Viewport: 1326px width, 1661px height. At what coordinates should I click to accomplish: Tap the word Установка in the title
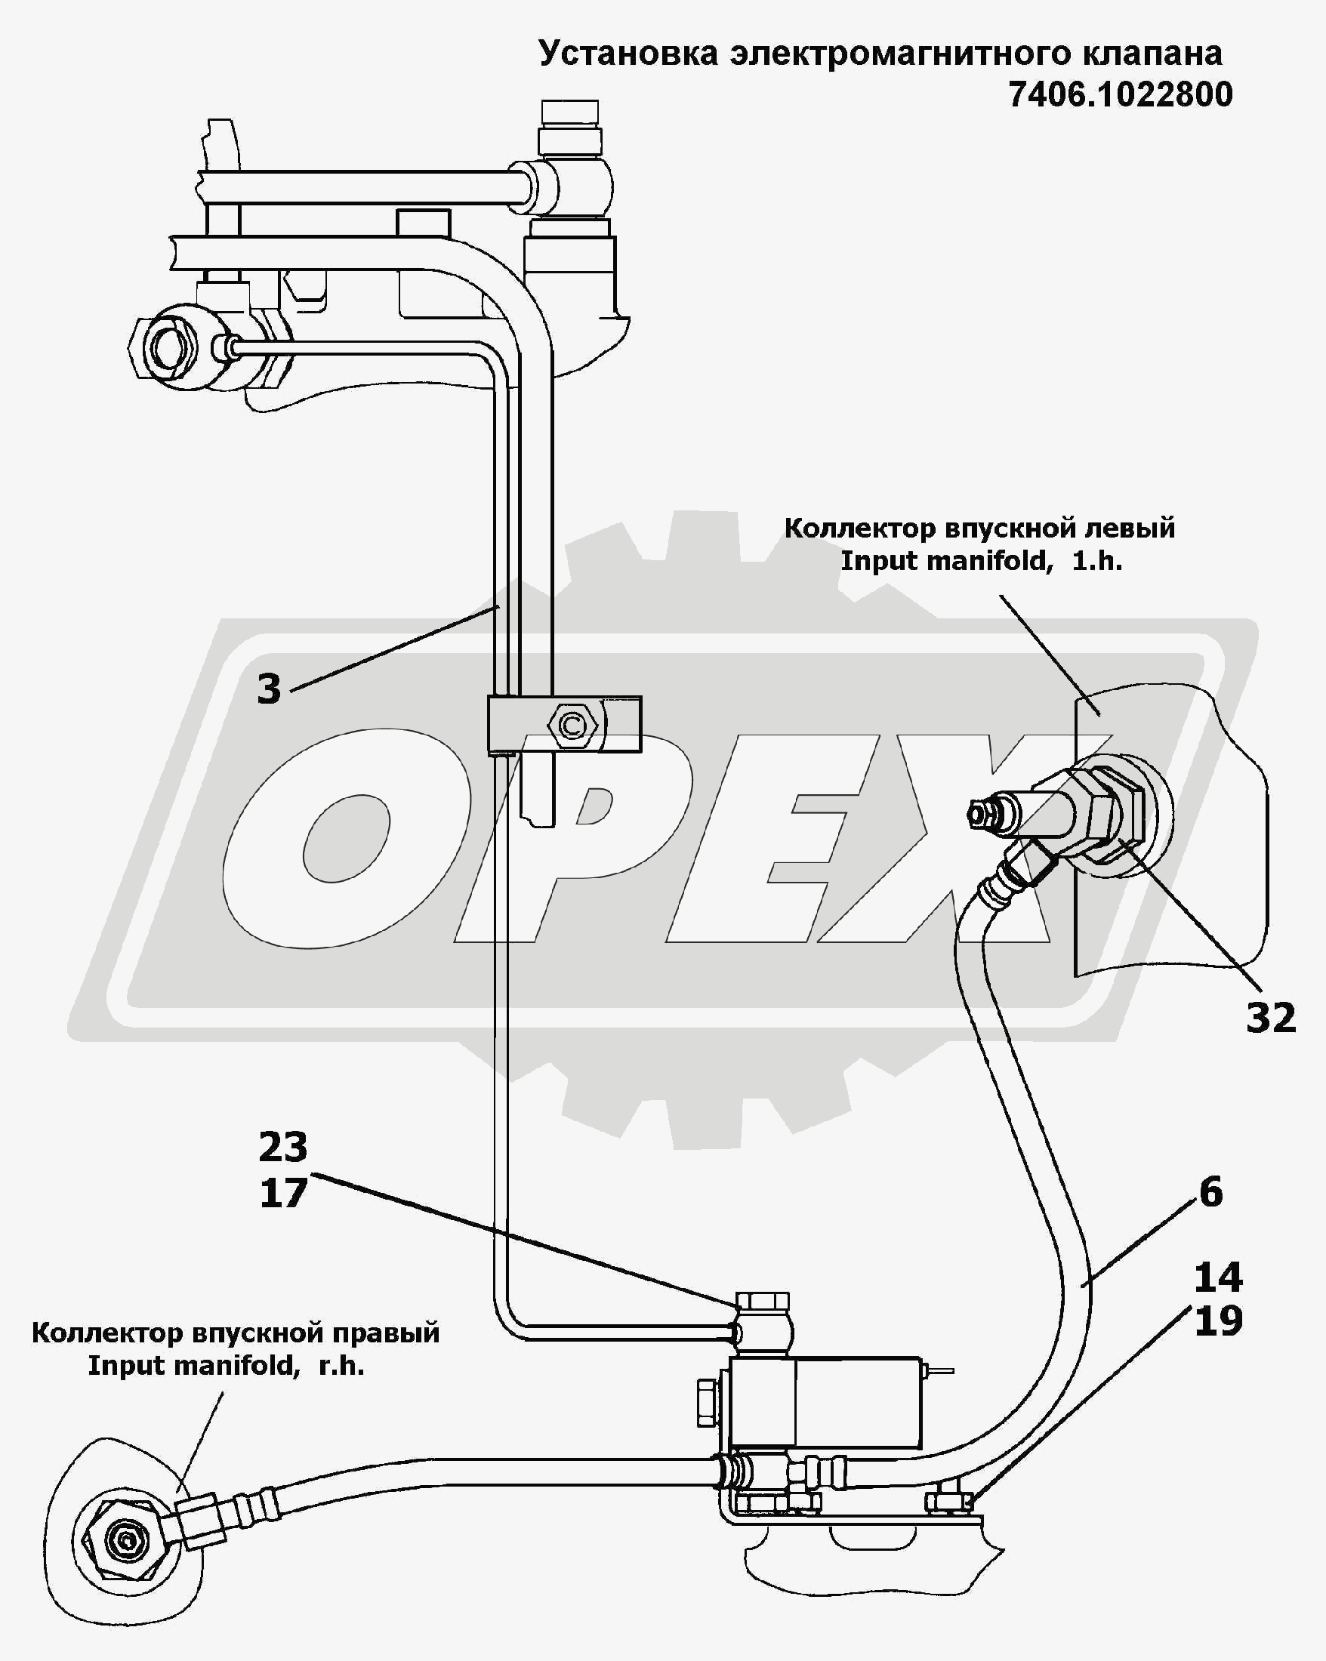point(628,53)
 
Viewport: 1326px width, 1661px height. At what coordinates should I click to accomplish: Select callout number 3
point(269,688)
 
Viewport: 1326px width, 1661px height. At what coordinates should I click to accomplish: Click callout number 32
point(1272,1018)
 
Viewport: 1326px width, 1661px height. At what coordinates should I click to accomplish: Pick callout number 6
point(1210,1192)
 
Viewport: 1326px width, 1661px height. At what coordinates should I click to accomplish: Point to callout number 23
point(282,1147)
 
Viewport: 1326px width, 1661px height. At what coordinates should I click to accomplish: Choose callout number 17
point(282,1193)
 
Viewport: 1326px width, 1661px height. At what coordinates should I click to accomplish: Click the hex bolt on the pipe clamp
point(571,725)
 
